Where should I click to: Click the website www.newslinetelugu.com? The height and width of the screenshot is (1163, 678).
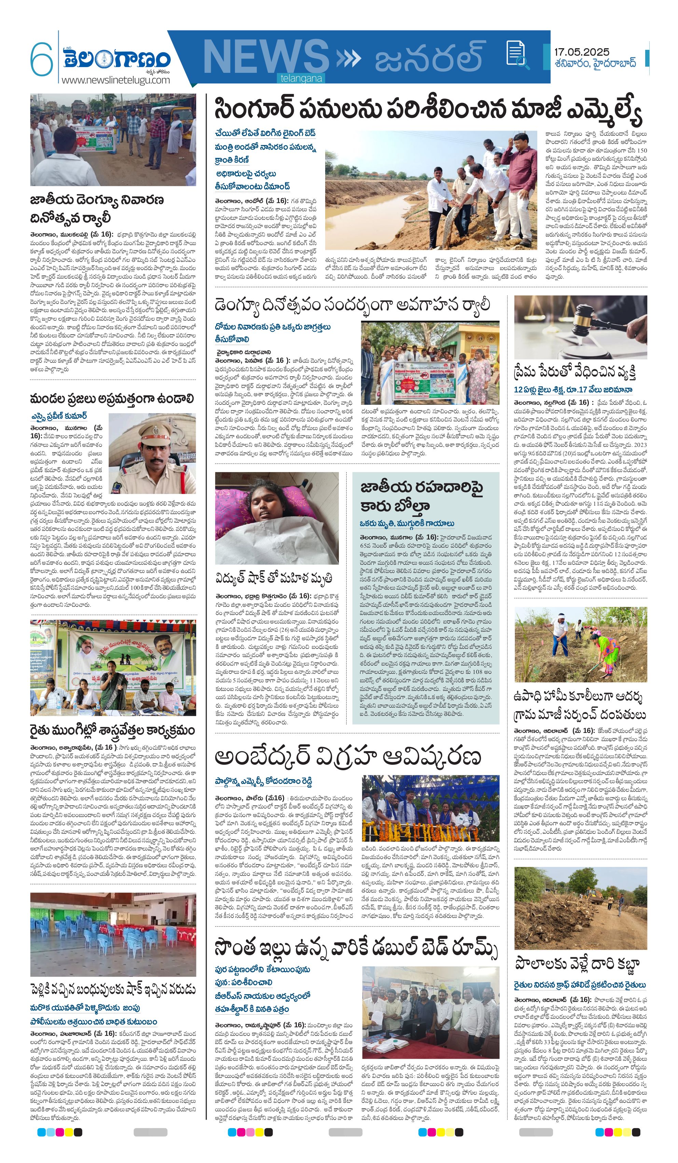tap(115, 80)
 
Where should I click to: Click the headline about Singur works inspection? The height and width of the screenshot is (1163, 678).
tap(428, 110)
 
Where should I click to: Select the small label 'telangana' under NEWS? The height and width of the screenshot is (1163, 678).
tap(301, 79)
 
